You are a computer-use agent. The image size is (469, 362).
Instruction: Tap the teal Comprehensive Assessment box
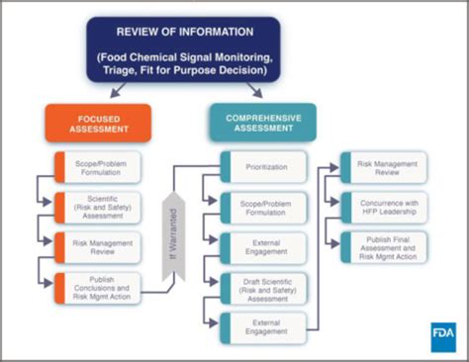(262, 122)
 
